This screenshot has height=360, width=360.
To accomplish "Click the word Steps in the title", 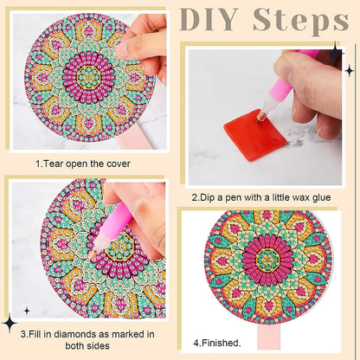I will (299, 19).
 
